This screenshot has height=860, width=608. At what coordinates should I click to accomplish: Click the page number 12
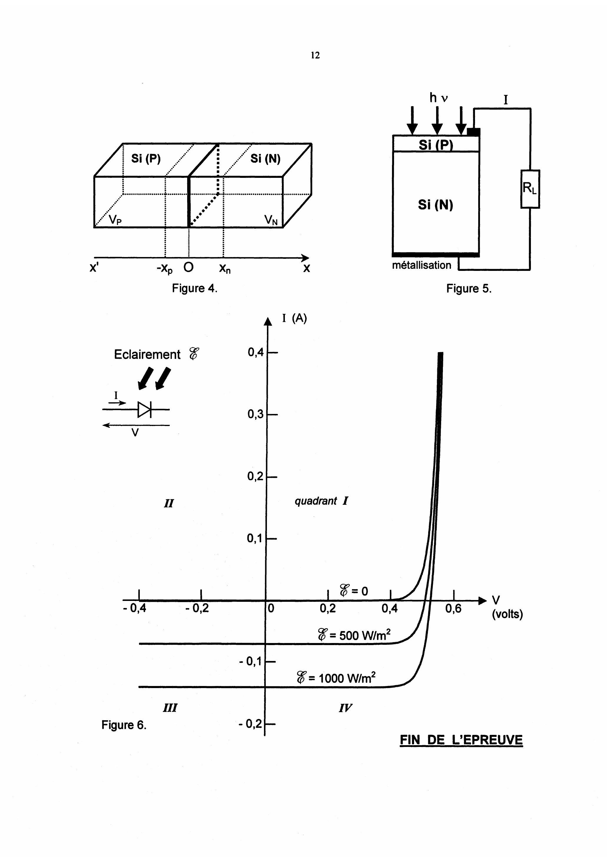(x=315, y=55)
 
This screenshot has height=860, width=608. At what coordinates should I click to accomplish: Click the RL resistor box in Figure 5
(x=530, y=189)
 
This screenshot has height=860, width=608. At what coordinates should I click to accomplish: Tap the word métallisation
(x=421, y=265)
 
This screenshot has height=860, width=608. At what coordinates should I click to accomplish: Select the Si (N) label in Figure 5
(x=436, y=205)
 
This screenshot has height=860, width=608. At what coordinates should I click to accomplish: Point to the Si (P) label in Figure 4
(x=146, y=159)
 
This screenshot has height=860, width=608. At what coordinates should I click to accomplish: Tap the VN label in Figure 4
(x=271, y=220)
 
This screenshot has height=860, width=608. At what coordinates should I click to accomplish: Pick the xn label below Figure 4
(x=225, y=269)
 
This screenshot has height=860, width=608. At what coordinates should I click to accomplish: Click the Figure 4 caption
(x=194, y=289)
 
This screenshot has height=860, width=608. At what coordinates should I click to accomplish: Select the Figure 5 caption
(x=469, y=289)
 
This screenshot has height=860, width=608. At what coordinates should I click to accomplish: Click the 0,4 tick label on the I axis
(x=255, y=352)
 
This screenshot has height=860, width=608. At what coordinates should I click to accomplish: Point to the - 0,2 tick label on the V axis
(x=197, y=608)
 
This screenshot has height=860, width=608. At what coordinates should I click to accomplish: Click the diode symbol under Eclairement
(x=144, y=410)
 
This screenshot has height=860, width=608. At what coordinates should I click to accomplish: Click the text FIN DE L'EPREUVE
(x=461, y=740)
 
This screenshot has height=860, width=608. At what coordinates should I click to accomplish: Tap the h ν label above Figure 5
(x=438, y=98)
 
